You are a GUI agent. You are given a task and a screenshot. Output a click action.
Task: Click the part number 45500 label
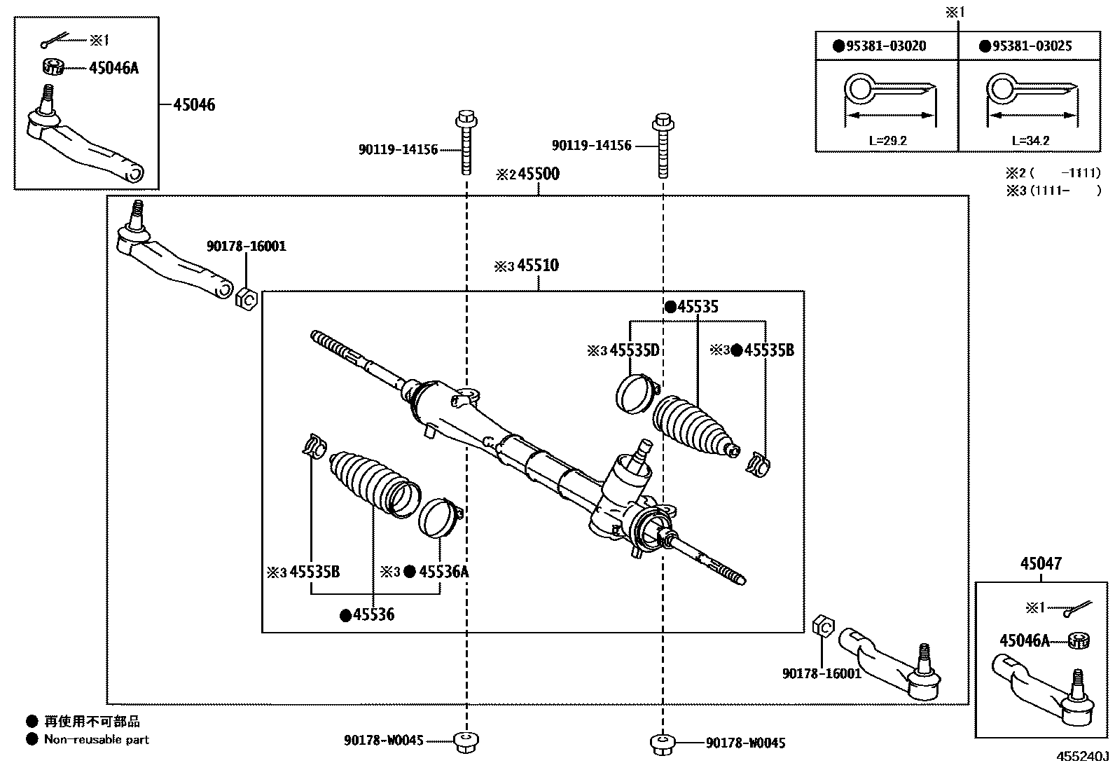[538, 174]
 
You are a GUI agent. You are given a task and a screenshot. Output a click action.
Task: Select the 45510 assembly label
[538, 266]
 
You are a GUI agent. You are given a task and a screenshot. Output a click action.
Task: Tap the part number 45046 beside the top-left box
[194, 105]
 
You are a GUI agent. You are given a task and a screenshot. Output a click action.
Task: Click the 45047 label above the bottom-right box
[1040, 563]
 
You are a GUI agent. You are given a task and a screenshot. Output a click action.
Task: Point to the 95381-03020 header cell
[886, 46]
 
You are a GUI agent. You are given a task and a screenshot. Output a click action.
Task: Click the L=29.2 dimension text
[887, 140]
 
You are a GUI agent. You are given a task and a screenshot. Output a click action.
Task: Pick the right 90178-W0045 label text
[745, 743]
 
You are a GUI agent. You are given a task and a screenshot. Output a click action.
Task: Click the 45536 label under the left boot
[373, 615]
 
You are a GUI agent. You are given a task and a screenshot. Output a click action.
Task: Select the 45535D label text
[635, 350]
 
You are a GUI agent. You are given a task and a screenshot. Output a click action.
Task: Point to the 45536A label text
[443, 572]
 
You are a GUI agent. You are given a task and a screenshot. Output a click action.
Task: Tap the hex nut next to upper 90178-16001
[247, 299]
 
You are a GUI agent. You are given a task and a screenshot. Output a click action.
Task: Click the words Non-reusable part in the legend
[97, 739]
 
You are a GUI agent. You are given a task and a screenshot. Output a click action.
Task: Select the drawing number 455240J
[1083, 757]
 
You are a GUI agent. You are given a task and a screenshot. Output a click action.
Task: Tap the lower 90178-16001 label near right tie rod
[821, 673]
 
